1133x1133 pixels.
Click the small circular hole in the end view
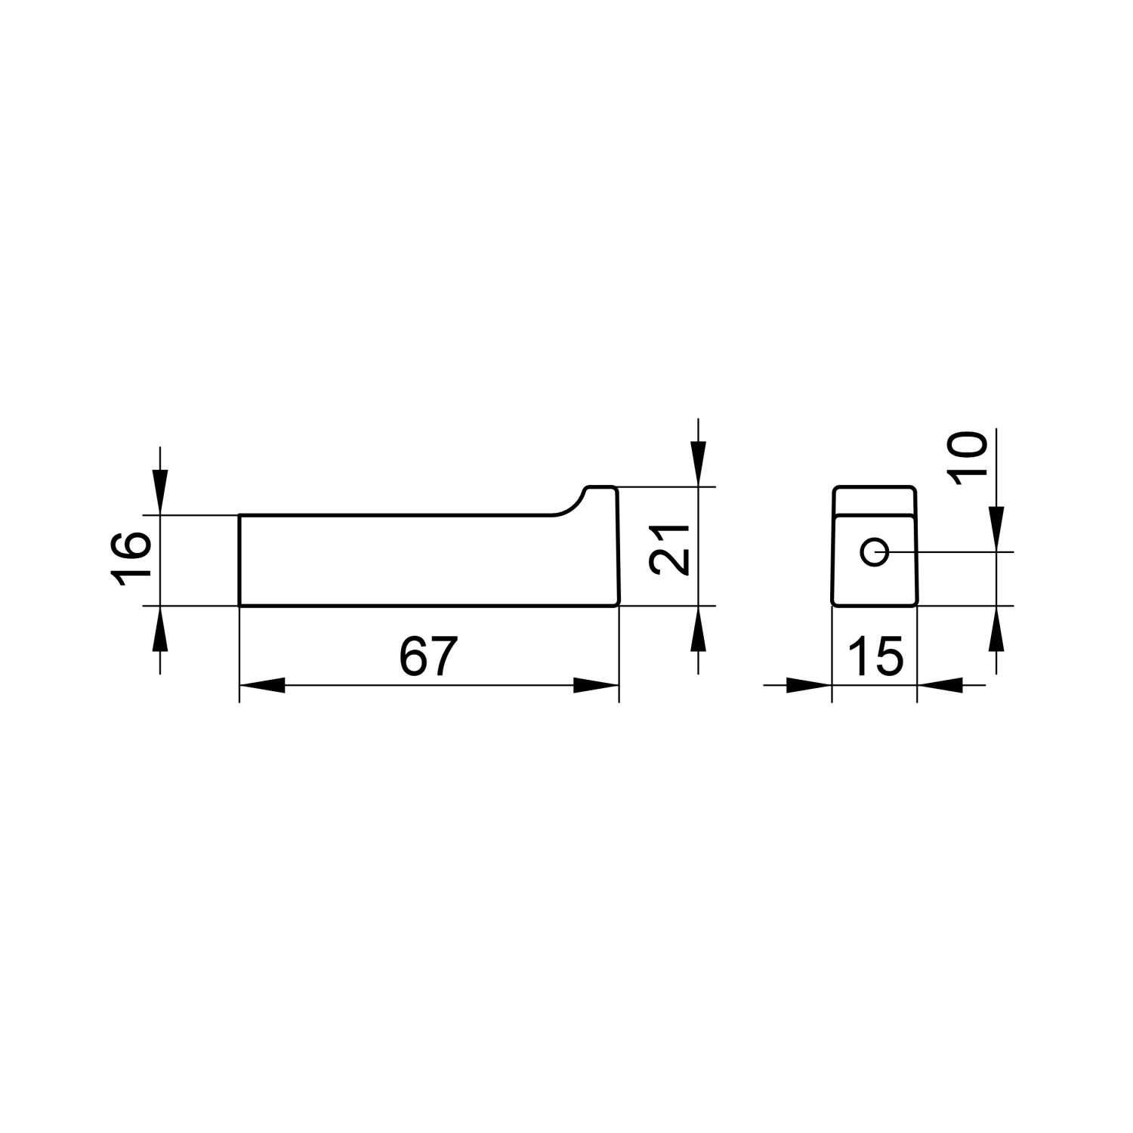point(875,552)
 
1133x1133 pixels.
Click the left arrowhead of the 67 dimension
point(262,686)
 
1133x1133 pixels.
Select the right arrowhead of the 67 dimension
point(596,686)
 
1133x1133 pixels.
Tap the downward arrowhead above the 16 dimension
point(160,493)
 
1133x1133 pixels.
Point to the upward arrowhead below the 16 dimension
point(160,628)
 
